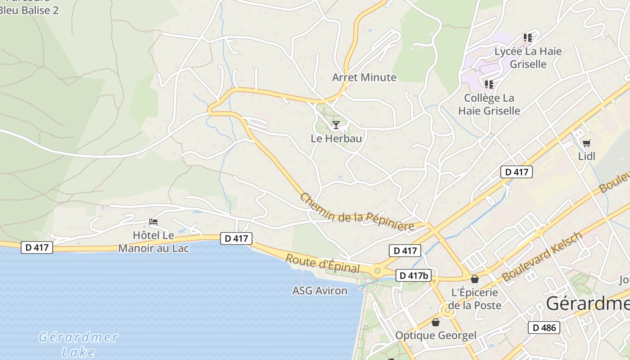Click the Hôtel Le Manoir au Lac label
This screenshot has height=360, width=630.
(153, 242)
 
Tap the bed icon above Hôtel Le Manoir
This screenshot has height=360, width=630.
(153, 222)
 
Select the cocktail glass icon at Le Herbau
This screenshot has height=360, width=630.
(336, 125)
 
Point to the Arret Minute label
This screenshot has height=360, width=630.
(364, 77)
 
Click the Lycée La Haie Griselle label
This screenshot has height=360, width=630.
(528, 58)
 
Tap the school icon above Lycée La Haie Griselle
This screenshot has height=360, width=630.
(528, 38)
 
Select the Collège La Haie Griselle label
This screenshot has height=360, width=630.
(489, 104)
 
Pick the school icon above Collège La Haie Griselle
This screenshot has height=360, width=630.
(489, 85)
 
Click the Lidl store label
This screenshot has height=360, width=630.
(587, 156)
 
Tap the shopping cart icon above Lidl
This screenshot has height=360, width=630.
(586, 144)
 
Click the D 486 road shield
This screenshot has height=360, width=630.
(544, 328)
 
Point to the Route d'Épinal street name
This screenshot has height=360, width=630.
(323, 264)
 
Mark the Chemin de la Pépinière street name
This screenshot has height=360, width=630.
(357, 212)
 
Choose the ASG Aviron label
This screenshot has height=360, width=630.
(320, 291)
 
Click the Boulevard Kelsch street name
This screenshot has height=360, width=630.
(542, 257)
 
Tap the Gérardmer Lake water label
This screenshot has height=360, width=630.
(78, 344)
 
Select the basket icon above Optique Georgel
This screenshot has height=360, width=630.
(435, 322)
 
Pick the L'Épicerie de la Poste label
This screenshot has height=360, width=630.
(476, 299)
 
